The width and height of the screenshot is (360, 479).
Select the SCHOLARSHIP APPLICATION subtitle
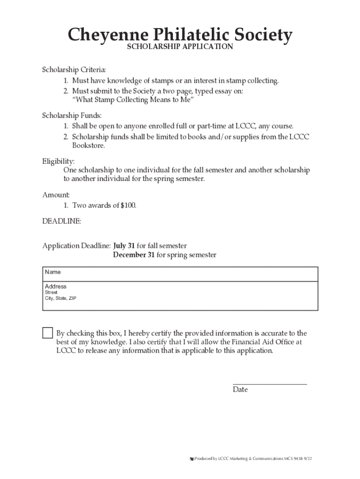(x=180, y=47)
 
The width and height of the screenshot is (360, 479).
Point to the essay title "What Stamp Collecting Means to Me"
(x=133, y=101)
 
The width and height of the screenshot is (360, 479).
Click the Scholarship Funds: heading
(x=72, y=115)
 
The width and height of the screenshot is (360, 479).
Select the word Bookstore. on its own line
(x=88, y=145)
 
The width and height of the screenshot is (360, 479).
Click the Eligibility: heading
(x=58, y=160)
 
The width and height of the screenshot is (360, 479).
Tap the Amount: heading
(x=56, y=195)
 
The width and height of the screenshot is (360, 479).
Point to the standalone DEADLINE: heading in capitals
(x=62, y=221)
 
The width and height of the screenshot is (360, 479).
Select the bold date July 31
(x=124, y=246)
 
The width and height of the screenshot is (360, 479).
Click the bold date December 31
(x=134, y=255)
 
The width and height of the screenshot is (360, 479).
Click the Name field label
(x=53, y=272)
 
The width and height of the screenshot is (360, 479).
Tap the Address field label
(x=56, y=286)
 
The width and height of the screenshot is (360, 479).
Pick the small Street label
(x=51, y=292)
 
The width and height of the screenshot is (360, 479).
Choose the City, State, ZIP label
(x=60, y=298)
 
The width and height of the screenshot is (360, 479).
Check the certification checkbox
(x=48, y=333)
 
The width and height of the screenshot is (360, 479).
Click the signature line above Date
(x=270, y=384)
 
